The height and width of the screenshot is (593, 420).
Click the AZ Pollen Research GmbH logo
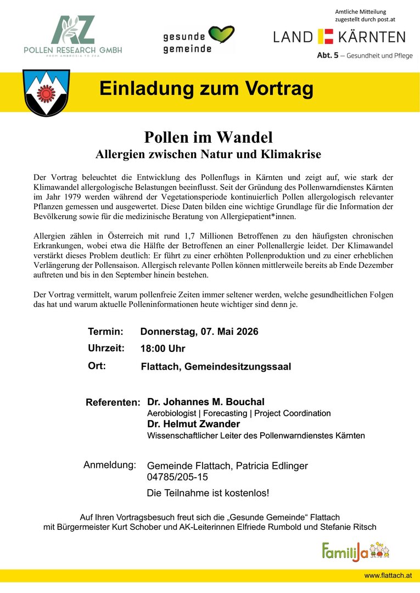pos(73,36)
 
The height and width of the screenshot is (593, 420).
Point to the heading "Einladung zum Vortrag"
pos(206,88)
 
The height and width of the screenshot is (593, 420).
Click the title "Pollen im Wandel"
pos(208,137)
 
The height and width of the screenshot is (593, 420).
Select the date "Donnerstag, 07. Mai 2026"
pos(199,332)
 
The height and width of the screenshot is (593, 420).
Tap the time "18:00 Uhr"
pos(163,349)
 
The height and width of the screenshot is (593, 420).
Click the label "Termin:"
pos(105,332)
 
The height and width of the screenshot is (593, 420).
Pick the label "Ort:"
pos(97,366)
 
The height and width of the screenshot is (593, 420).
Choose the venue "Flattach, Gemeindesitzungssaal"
pos(216,366)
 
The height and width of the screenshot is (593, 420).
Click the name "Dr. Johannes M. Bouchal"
pos(206,402)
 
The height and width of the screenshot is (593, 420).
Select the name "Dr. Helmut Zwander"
pos(193,424)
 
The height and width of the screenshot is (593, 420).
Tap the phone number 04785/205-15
pos(177,477)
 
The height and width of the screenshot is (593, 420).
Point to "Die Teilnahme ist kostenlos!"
pos(208,493)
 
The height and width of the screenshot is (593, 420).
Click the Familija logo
pos(356,550)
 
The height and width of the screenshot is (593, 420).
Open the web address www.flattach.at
pos(388,575)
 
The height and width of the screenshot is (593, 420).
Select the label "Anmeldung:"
pos(110,465)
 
